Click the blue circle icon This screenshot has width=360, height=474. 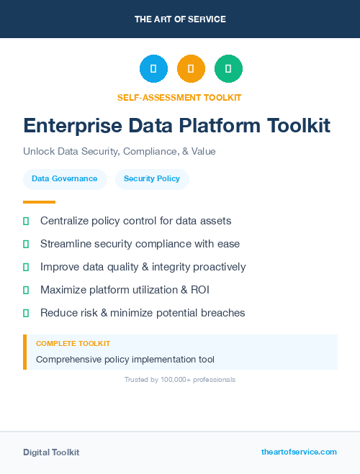[x=153, y=69]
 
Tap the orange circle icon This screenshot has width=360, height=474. [x=191, y=69]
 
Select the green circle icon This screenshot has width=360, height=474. [x=228, y=69]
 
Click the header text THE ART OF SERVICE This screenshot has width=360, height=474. [x=180, y=19]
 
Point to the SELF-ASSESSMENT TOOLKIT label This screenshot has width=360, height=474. [x=179, y=97]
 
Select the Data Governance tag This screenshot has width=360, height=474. [x=65, y=178]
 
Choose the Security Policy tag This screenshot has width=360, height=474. [x=152, y=178]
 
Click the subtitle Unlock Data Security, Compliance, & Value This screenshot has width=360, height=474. [x=120, y=152]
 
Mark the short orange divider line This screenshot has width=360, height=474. [x=39, y=202]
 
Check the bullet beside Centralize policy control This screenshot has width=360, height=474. [x=26, y=221]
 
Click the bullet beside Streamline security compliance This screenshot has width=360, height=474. [x=26, y=244]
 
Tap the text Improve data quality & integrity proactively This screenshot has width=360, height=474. [x=143, y=267]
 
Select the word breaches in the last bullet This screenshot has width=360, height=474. [x=223, y=313]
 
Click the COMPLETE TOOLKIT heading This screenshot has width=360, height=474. [x=73, y=344]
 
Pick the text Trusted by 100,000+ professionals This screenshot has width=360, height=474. [x=180, y=379]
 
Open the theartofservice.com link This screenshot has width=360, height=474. [x=299, y=452]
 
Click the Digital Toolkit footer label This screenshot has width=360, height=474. [x=51, y=452]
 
